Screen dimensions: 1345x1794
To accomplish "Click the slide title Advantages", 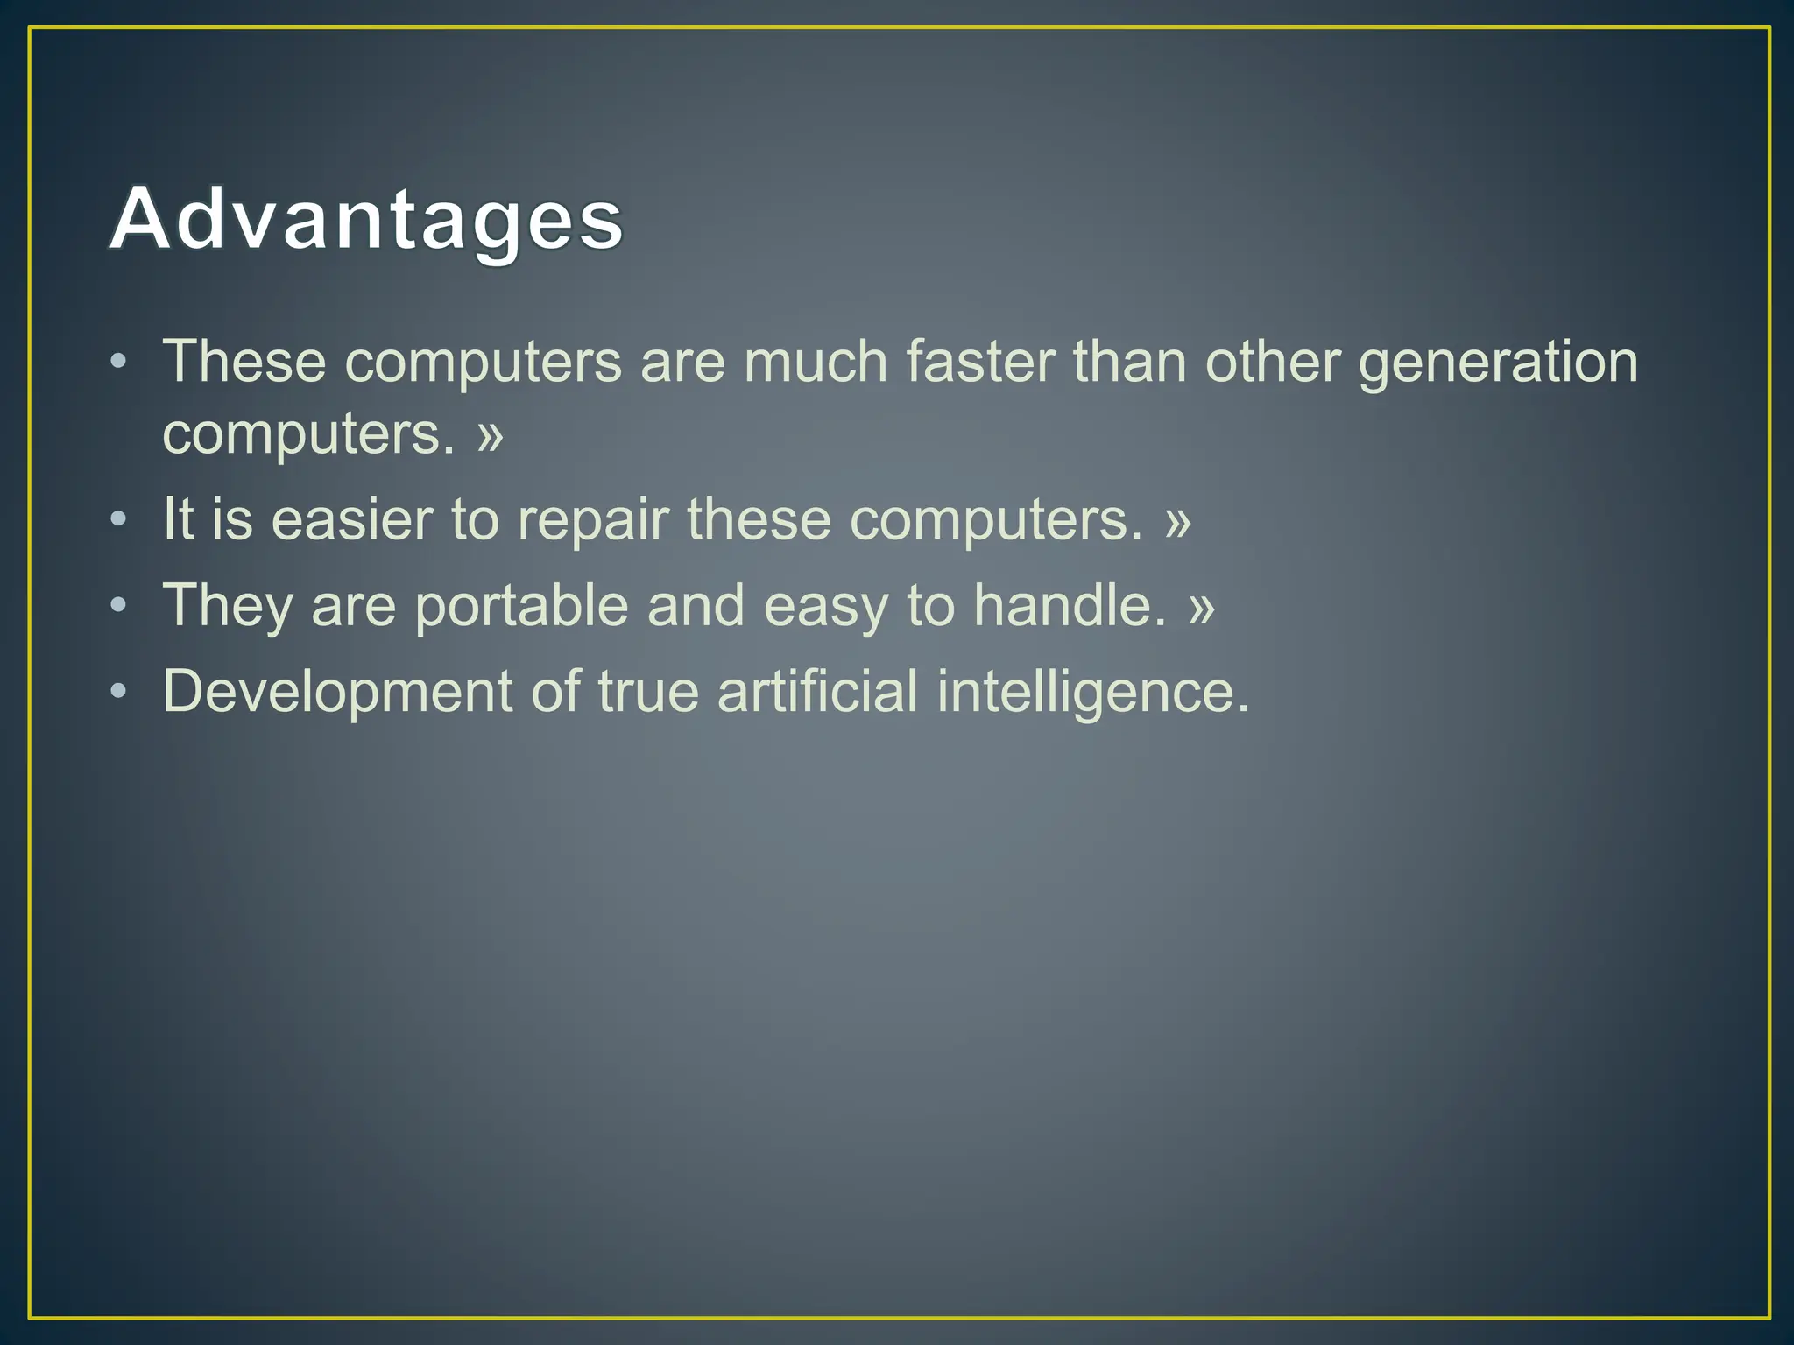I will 366,219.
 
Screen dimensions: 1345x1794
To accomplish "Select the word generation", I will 1498,363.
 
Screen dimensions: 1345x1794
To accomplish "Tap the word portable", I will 522,606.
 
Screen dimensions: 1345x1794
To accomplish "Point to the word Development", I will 337,692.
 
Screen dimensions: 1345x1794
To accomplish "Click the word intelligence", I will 1092,692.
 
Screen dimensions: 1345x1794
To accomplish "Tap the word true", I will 648,692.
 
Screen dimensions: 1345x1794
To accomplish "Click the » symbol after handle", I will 1202,606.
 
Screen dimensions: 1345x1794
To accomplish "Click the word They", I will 228,606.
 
